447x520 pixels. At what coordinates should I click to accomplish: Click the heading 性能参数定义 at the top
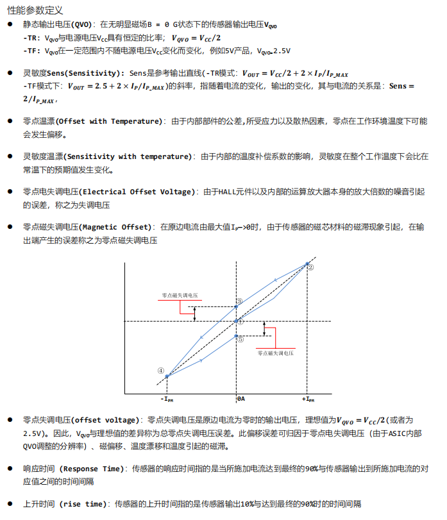pyautogui.click(x=36, y=11)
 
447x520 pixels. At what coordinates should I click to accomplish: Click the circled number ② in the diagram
pyautogui.click(x=310, y=267)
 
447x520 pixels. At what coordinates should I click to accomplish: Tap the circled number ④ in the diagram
pyautogui.click(x=161, y=370)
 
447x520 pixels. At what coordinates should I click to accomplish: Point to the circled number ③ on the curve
pyautogui.click(x=239, y=301)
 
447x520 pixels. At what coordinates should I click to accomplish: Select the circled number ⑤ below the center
pyautogui.click(x=240, y=340)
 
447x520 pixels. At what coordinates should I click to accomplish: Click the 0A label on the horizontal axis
pyautogui.click(x=241, y=399)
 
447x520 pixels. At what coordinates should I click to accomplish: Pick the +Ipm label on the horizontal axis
pyautogui.click(x=308, y=399)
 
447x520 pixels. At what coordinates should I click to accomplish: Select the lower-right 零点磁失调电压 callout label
pyautogui.click(x=276, y=353)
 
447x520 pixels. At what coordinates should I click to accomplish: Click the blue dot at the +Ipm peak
pyautogui.click(x=306, y=264)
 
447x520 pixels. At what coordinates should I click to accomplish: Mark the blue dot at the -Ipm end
pyautogui.click(x=167, y=376)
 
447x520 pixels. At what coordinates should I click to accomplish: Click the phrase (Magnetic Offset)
pyautogui.click(x=116, y=227)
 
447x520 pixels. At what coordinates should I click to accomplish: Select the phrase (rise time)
pyautogui.click(x=82, y=504)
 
